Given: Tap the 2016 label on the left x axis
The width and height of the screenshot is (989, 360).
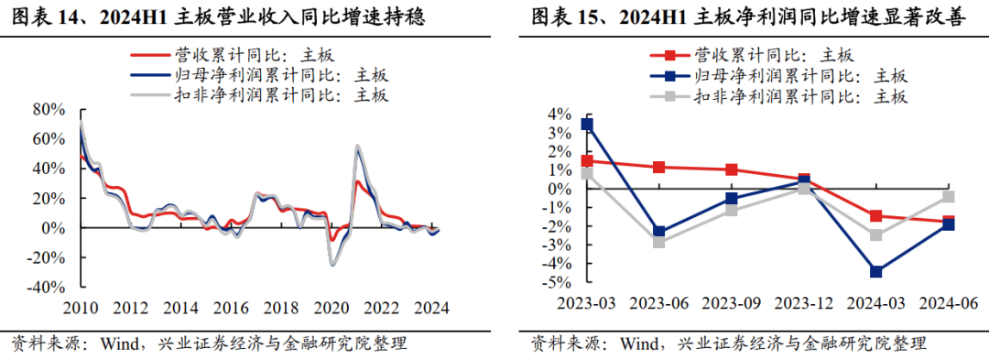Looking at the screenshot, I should (x=236, y=309).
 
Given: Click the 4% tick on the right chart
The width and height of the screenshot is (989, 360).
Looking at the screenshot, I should (x=559, y=115).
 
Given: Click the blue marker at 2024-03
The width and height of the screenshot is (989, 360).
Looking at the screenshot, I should (x=876, y=271).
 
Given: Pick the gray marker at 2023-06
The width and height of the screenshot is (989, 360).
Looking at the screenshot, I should (x=659, y=242).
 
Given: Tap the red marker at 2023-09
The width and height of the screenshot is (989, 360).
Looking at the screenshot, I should (x=732, y=169).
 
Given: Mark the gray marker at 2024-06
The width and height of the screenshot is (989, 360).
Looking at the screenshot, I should (x=949, y=197).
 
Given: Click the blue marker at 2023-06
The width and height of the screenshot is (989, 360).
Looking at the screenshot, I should (x=659, y=232).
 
